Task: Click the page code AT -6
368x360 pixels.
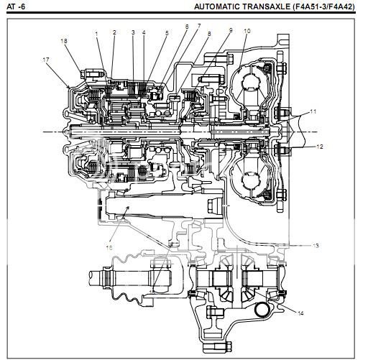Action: (x=16, y=6)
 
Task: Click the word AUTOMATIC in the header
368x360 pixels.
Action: (x=217, y=6)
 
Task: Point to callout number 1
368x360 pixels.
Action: (x=96, y=34)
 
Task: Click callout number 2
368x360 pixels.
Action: (x=114, y=32)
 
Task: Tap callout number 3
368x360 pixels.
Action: (x=133, y=32)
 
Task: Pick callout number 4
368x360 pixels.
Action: (x=144, y=32)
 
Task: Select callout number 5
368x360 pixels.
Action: (x=167, y=33)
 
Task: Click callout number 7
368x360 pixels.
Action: (x=198, y=26)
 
